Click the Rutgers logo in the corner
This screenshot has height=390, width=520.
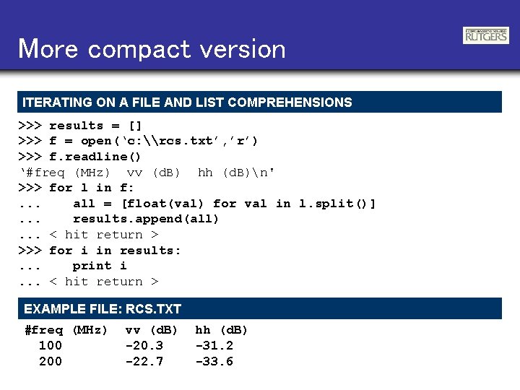486,35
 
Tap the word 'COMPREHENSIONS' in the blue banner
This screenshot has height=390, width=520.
297,103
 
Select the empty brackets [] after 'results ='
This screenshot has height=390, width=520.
134,126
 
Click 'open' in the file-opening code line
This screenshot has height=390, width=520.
96,141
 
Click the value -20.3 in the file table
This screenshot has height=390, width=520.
144,346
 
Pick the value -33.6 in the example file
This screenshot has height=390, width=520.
214,361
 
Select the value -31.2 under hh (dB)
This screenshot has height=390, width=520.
214,346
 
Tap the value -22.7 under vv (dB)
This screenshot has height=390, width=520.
144,361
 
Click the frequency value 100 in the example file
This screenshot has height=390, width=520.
50,346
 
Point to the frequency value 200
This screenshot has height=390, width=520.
50,361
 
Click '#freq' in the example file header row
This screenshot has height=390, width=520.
44,330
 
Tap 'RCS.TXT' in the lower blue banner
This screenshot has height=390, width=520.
153,309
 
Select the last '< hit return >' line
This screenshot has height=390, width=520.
104,282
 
